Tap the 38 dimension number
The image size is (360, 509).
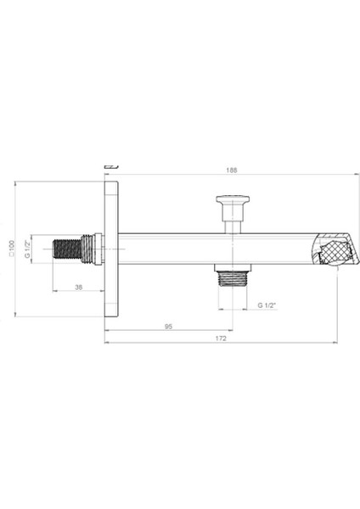point(78,286)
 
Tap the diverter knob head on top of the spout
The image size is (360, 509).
point(231,202)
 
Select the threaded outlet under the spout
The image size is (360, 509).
point(231,276)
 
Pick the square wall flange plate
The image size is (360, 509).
point(110,249)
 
